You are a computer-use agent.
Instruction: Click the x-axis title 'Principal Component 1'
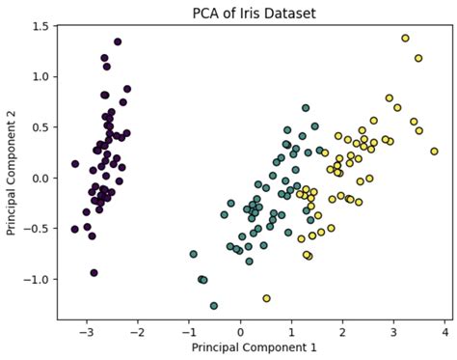coord(253,346)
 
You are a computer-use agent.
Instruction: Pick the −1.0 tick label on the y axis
coord(37,280)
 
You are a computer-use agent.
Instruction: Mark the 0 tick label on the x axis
coord(241,330)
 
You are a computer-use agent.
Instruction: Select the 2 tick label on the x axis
coord(342,330)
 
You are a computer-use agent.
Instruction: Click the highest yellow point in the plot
coord(405,39)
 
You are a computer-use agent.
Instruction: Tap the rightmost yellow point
coord(434,152)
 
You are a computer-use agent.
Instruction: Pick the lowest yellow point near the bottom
coord(266,298)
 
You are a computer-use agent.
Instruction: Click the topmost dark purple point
coord(118,42)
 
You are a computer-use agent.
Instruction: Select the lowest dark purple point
coord(94,273)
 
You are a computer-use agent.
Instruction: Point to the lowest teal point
coord(214,306)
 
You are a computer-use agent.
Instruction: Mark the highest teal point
coord(306,108)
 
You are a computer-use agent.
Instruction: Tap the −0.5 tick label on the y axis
coord(37,229)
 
